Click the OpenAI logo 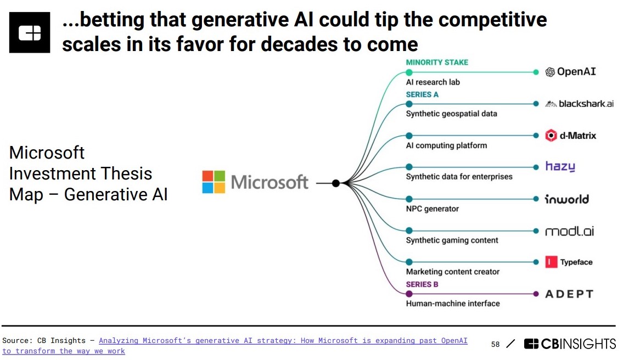coord(570,72)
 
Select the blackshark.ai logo coord(579,104)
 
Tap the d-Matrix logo coord(570,136)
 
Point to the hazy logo coord(560,167)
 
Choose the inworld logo coord(566,199)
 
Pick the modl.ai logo coord(569,231)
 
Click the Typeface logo coord(569,262)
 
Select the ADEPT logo coord(569,294)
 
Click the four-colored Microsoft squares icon coord(214,182)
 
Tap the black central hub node coord(336,183)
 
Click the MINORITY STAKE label coord(437,63)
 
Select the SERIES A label coord(422,94)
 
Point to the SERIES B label coord(422,284)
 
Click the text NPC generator coord(432,209)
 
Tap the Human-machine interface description coord(453,303)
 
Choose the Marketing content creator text coord(453,272)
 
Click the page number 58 coord(496,345)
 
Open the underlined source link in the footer coord(283,341)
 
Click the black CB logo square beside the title coord(30,32)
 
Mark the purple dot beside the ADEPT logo coord(536,294)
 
